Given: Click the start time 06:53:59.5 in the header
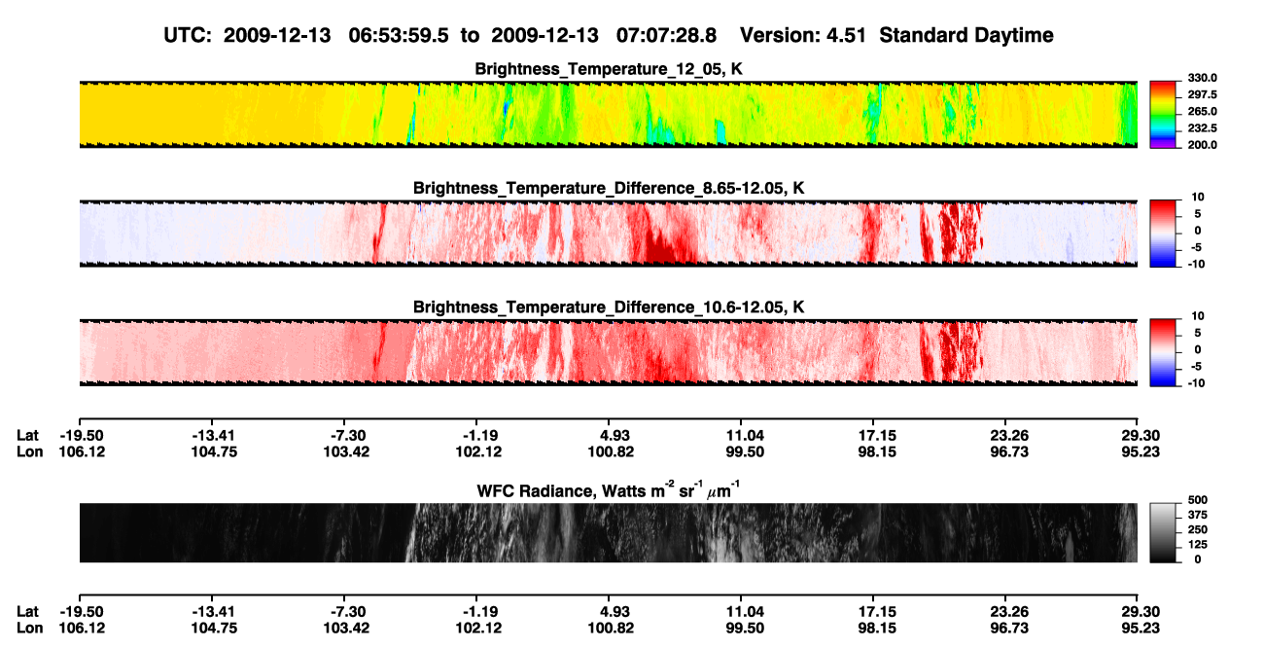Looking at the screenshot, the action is (399, 35).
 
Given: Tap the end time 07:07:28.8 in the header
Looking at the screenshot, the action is (666, 35).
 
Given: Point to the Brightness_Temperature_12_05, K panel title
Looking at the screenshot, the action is (609, 69).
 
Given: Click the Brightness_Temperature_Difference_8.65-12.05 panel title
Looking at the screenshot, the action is (609, 188).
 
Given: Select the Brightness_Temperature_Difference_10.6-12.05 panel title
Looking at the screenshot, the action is (609, 307).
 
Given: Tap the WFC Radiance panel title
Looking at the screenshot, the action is (609, 490).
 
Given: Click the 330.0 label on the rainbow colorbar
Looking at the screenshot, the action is (1202, 78).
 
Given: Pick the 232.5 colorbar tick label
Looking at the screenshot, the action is (1202, 128).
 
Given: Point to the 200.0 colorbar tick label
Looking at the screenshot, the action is (1202, 145).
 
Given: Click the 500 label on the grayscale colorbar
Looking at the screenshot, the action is (1198, 500).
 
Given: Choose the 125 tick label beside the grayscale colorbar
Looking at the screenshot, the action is (1198, 545).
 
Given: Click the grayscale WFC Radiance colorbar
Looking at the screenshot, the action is (1163, 532).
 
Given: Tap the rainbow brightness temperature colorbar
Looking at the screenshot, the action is (1163, 115).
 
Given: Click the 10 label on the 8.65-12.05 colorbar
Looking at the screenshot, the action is (1198, 198).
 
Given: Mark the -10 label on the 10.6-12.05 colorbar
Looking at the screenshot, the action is (1195, 383).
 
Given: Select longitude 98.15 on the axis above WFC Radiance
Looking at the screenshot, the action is (877, 451).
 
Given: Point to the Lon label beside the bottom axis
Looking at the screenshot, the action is (29, 629).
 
